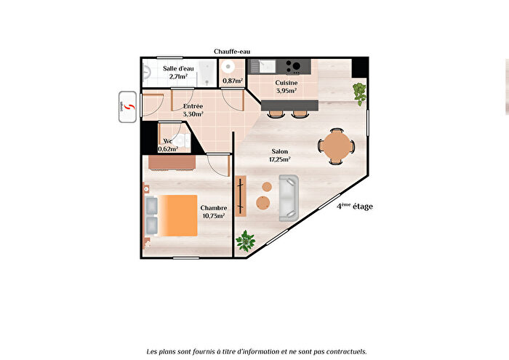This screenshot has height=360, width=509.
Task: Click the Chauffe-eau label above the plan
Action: click(x=232, y=52)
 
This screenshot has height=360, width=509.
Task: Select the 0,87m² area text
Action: click(x=233, y=80)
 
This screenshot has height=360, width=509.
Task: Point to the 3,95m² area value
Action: click(x=285, y=91)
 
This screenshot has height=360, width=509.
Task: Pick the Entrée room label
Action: click(x=193, y=107)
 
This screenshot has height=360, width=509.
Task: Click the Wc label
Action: click(x=168, y=141)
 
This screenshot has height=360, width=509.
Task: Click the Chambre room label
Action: click(x=212, y=208)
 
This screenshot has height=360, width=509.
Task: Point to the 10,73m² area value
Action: click(x=212, y=216)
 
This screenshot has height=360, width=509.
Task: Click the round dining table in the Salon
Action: click(x=337, y=145)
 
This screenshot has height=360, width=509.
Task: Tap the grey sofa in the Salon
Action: click(x=289, y=198)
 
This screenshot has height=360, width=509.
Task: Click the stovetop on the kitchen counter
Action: click(x=293, y=67)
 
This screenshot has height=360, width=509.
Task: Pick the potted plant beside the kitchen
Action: click(x=359, y=91)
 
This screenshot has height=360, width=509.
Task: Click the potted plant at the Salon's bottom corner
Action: click(x=247, y=241)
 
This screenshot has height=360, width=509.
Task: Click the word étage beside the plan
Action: click(x=363, y=207)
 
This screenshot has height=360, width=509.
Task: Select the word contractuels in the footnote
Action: click(x=342, y=351)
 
